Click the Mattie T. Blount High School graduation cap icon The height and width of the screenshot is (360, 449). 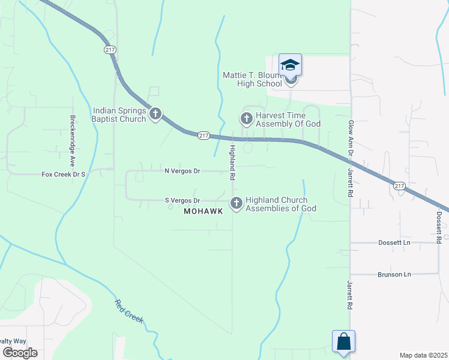point(290,65)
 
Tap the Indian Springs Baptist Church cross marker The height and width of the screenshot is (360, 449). point(155,113)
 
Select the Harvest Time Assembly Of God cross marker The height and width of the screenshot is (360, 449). point(246,118)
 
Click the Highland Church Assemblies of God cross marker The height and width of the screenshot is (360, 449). point(237,203)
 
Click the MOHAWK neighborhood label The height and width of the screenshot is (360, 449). point(203,211)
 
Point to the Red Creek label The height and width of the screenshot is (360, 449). point(129,311)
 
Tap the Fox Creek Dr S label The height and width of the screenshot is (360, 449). point(64,175)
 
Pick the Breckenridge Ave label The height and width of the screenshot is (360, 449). point(73,140)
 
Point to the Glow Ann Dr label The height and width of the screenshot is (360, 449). point(351,137)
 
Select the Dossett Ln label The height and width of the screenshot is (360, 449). point(394,243)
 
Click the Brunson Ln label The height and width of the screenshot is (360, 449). point(394,274)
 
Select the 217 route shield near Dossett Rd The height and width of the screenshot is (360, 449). point(400,186)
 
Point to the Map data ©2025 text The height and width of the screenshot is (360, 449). point(423,355)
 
